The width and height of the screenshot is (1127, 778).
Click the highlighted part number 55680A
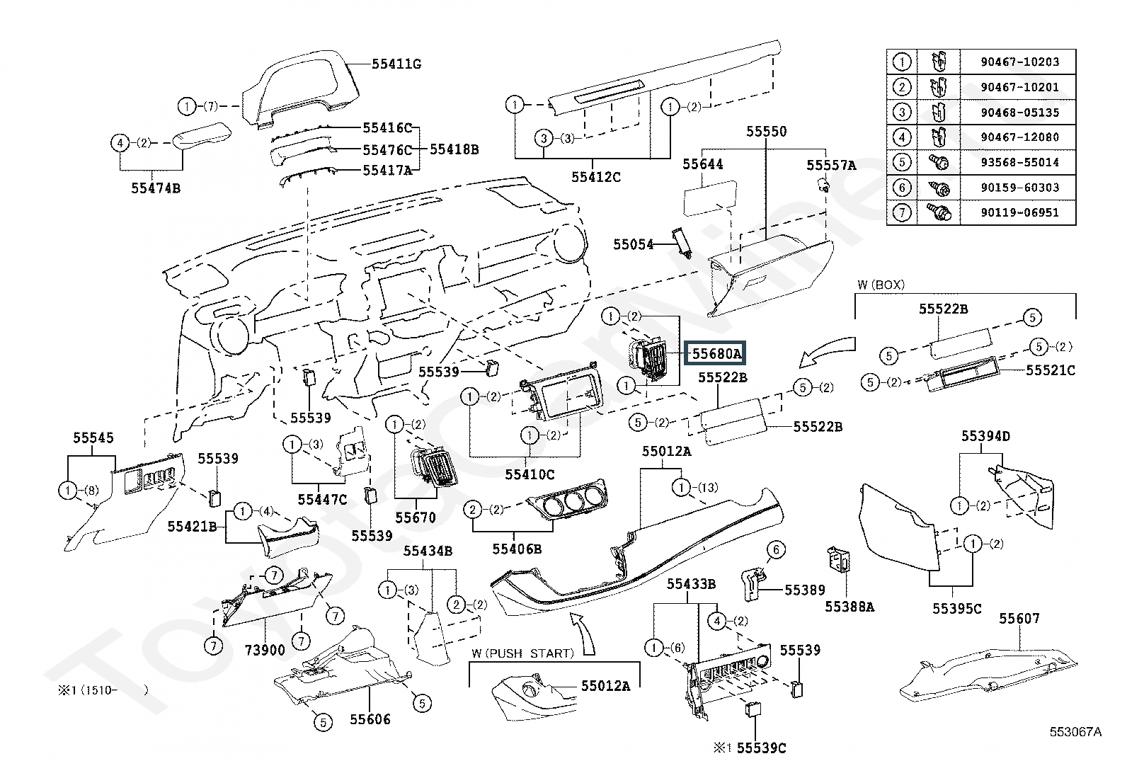click(716, 354)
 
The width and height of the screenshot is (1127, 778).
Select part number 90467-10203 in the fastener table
click(1019, 62)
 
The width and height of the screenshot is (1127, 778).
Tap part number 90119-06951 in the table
click(1019, 212)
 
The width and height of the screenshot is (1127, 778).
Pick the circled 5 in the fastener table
click(902, 162)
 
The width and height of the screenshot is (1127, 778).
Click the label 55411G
click(396, 64)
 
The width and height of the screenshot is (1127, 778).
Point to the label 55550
click(766, 132)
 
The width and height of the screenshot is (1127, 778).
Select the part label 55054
click(633, 244)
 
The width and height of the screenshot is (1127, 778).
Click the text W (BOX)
click(881, 285)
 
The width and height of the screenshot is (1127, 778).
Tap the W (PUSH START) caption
click(522, 653)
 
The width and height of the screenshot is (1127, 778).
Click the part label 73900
click(265, 650)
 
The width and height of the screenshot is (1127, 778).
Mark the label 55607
click(1019, 618)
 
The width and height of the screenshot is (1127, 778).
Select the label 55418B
click(454, 149)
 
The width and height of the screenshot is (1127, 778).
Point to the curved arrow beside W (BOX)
click(827, 350)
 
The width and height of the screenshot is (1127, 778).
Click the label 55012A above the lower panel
click(666, 452)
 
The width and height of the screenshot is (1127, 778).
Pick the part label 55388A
click(849, 607)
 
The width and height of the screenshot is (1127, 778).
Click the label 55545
click(93, 437)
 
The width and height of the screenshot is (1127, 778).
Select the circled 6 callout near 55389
click(776, 549)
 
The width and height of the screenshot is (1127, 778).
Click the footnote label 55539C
click(761, 748)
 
